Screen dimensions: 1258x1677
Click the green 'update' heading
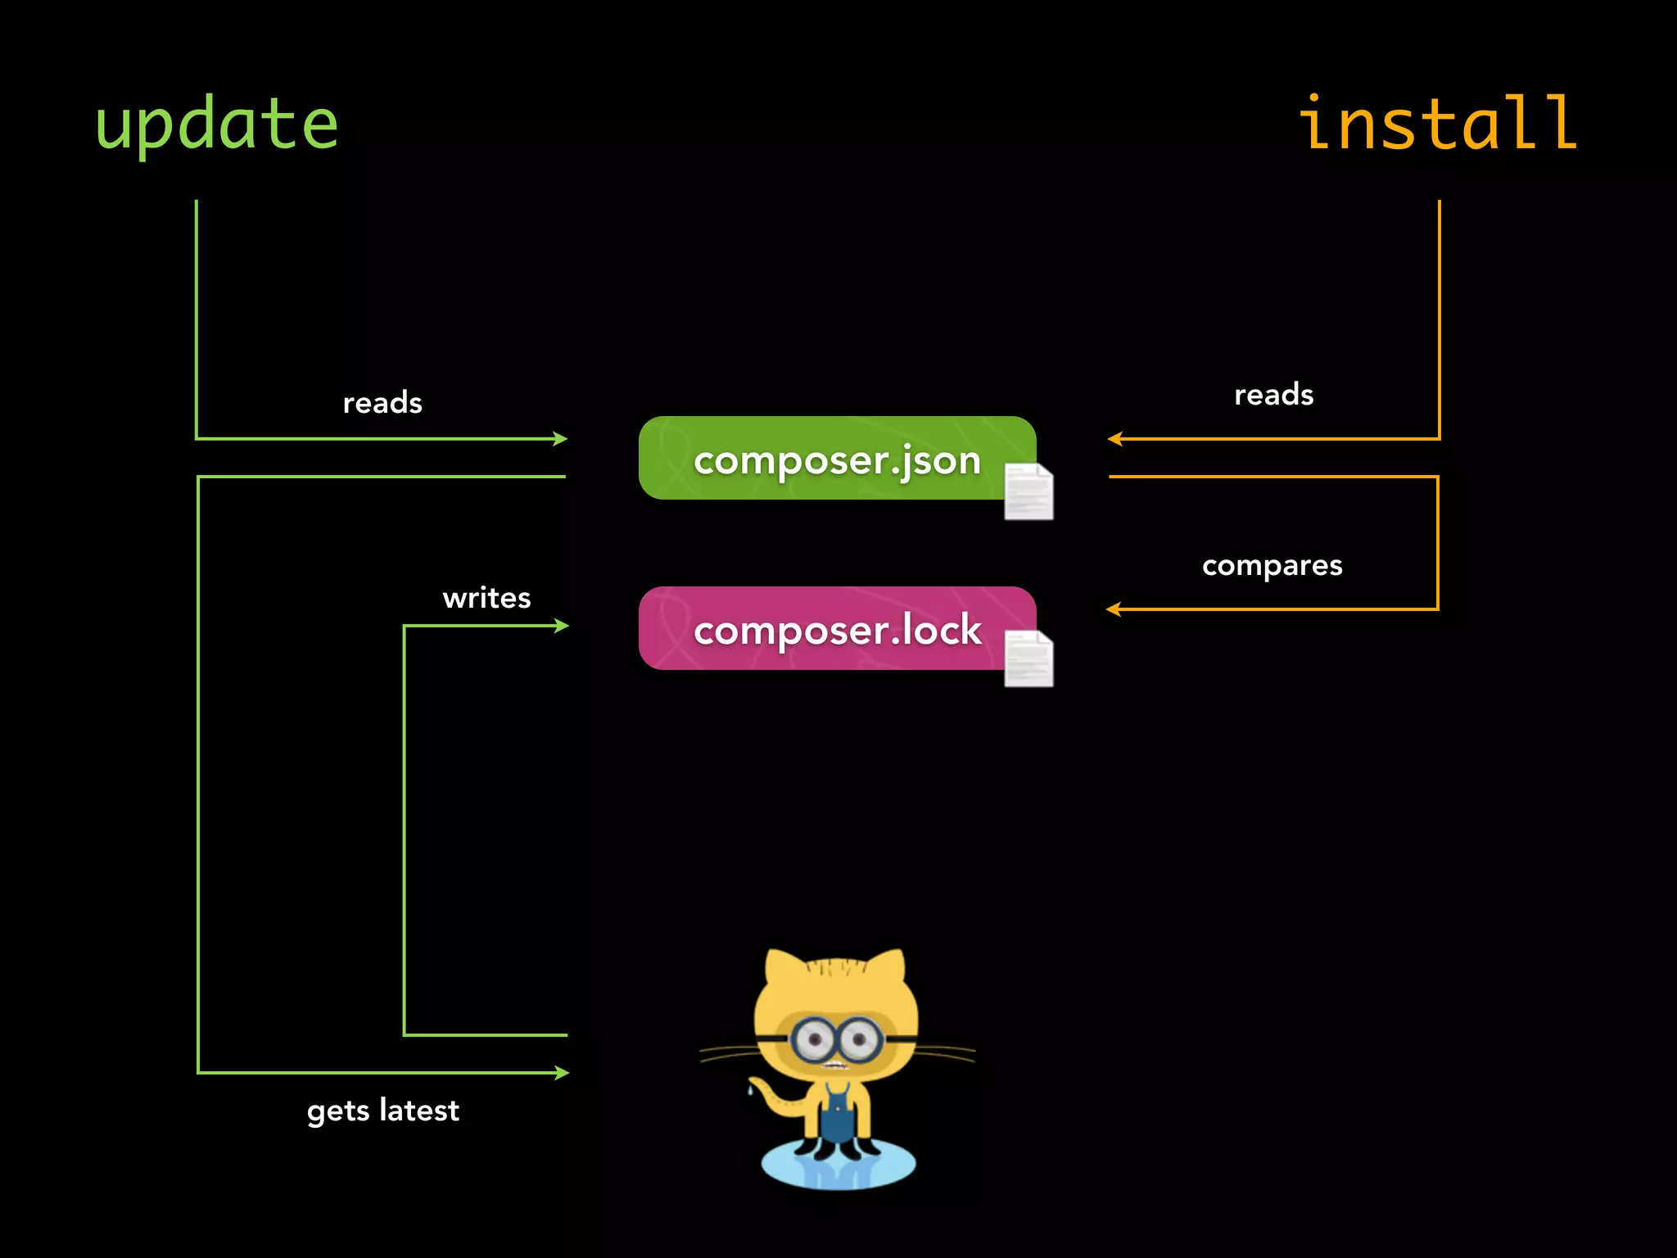pyautogui.click(x=217, y=124)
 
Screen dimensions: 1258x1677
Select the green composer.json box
pyautogui.click(x=835, y=459)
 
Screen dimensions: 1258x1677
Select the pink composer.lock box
pyautogui.click(x=835, y=629)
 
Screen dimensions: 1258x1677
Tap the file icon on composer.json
pyautogui.click(x=1028, y=491)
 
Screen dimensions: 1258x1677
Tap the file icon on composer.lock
pyautogui.click(x=1028, y=658)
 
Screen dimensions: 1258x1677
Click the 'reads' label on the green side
pyautogui.click(x=382, y=403)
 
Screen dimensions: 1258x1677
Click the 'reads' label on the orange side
pyautogui.click(x=1273, y=395)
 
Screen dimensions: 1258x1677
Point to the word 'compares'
pyautogui.click(x=1272, y=565)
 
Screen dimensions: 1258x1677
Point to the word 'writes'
pyautogui.click(x=486, y=598)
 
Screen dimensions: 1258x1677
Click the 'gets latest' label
pyautogui.click(x=382, y=1111)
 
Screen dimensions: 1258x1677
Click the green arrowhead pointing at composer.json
pyautogui.click(x=561, y=439)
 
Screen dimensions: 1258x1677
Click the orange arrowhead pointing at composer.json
pyautogui.click(x=1114, y=439)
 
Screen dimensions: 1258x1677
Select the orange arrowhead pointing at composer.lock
pyautogui.click(x=1113, y=609)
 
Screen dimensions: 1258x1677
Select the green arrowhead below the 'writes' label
pyautogui.click(x=562, y=626)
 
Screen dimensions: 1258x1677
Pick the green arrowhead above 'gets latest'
pyautogui.click(x=562, y=1072)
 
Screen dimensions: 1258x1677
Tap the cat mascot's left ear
pyautogui.click(x=784, y=971)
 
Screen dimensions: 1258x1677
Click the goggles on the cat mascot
pyautogui.click(x=836, y=1040)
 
